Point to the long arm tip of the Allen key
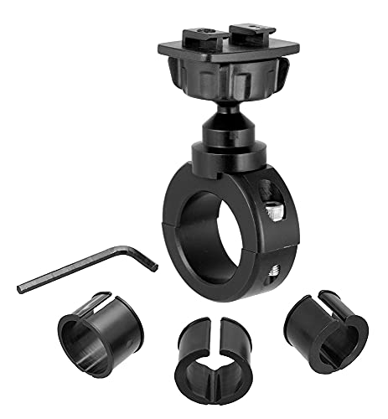(20, 287)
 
